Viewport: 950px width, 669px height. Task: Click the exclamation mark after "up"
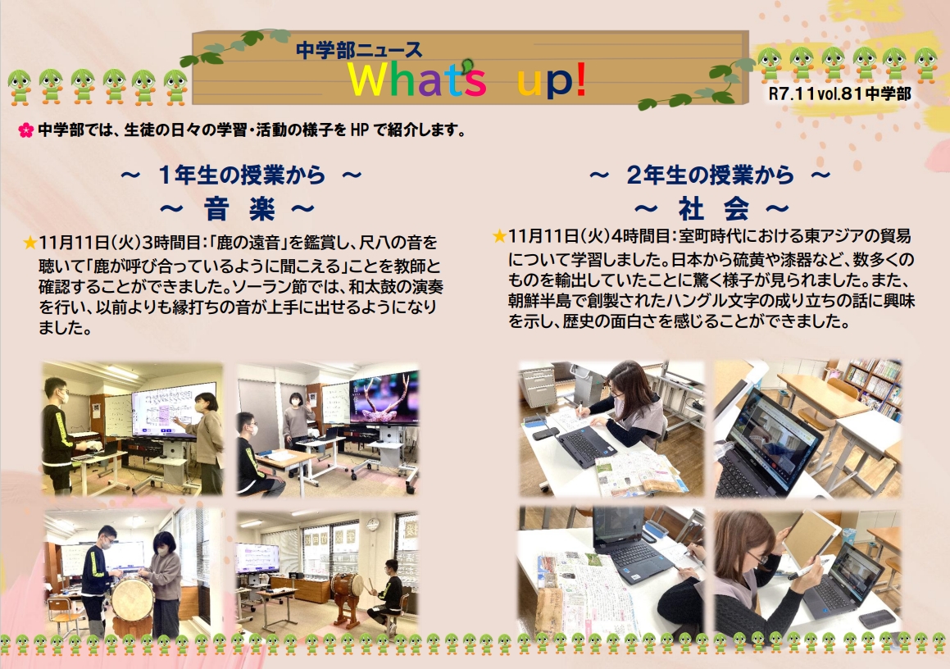(580, 80)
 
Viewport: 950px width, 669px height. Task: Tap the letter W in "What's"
(370, 80)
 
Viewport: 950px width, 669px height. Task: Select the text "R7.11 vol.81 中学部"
(839, 94)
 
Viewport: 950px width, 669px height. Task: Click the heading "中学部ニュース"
(359, 50)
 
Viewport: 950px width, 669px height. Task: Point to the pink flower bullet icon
(25, 130)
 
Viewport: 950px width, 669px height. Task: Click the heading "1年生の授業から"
(242, 175)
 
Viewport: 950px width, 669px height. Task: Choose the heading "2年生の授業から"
(710, 175)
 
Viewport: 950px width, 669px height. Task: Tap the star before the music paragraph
(30, 243)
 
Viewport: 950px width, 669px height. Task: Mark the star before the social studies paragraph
(500, 236)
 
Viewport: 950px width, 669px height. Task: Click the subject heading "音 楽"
(239, 210)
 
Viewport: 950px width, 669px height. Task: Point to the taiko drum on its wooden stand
(348, 597)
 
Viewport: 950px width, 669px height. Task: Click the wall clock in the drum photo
(373, 525)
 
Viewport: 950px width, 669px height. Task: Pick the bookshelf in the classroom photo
(873, 388)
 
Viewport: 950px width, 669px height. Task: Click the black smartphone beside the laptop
(545, 433)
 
